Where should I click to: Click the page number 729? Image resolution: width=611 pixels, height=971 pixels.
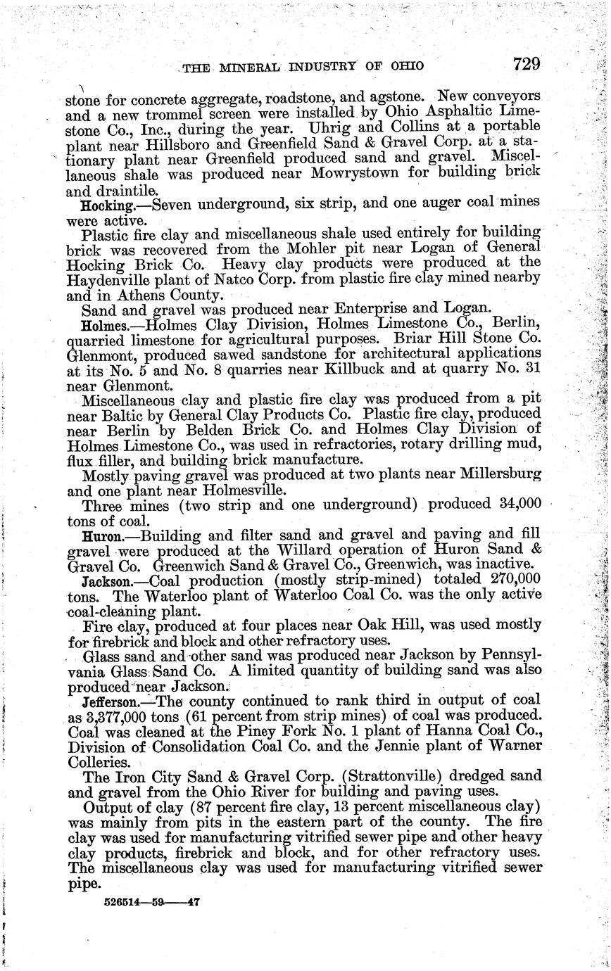click(x=527, y=64)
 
